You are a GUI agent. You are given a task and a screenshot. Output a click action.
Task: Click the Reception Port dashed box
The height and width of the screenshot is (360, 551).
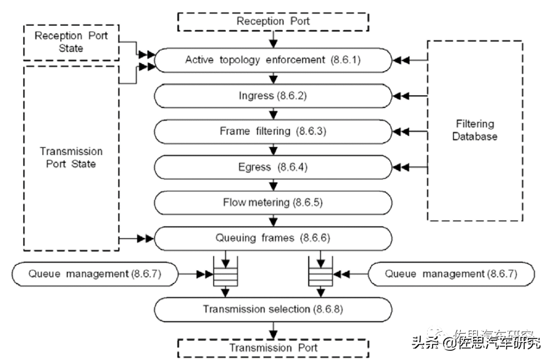(x=273, y=21)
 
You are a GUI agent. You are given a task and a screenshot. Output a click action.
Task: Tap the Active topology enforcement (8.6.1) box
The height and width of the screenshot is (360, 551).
(x=273, y=60)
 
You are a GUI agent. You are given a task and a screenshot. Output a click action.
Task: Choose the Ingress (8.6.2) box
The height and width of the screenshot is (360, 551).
(x=273, y=96)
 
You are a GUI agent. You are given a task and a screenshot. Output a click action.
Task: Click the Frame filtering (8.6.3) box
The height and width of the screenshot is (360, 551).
(x=273, y=131)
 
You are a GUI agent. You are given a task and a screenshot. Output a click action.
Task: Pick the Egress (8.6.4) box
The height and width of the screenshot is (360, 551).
(x=273, y=167)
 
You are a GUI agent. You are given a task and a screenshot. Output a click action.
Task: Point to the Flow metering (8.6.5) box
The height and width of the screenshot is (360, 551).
(x=273, y=202)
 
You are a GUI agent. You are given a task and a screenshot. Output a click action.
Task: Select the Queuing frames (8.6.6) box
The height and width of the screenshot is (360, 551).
(x=273, y=238)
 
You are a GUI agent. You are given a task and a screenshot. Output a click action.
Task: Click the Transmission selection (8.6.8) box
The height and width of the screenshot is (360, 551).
(x=273, y=309)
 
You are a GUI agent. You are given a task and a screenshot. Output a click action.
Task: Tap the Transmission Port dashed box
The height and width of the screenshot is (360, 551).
(x=273, y=348)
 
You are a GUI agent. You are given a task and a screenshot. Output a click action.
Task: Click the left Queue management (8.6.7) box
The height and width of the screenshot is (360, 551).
(x=95, y=274)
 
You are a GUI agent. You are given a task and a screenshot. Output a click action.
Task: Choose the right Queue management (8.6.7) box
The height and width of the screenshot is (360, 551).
(x=451, y=274)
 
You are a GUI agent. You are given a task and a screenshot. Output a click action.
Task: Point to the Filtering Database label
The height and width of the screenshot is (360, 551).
(x=474, y=131)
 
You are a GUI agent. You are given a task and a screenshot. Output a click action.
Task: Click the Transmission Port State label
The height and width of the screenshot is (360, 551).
(x=71, y=158)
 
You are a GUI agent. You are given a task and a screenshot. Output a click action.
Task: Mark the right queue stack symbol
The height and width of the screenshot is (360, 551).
(x=317, y=274)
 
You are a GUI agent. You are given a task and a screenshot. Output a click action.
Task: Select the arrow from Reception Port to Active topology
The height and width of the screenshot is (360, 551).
(x=273, y=40)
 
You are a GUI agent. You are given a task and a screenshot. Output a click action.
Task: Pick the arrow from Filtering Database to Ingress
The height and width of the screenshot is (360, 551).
(x=410, y=96)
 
